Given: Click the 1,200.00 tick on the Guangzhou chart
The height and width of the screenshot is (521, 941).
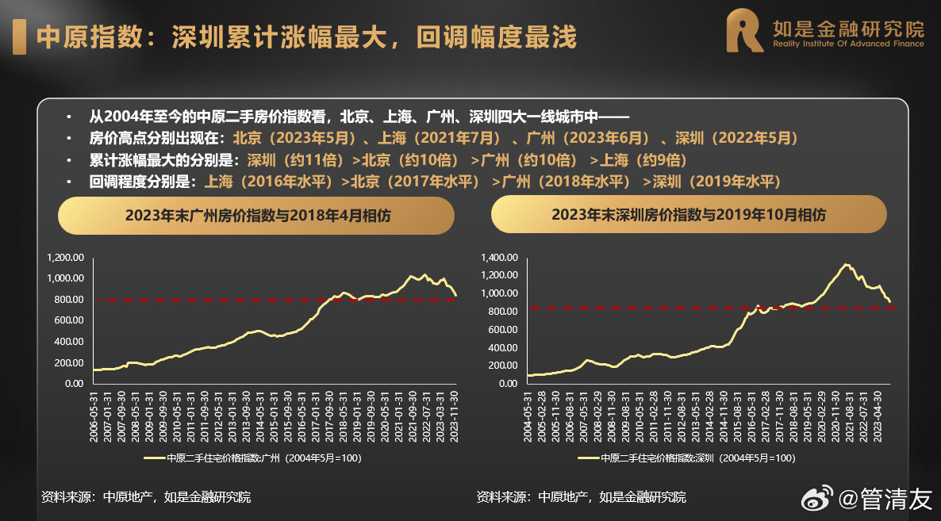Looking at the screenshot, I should pos(65,258).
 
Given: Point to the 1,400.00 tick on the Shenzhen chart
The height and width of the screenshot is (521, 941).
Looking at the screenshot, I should pos(500,258).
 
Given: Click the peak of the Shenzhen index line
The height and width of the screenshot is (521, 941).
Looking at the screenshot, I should pos(846,265).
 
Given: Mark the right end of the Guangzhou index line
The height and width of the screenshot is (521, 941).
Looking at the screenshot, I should pos(455,295).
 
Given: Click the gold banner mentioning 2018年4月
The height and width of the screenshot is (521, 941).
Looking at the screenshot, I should pos(257,215).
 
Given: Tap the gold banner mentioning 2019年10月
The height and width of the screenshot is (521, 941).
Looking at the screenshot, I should pos(688,215).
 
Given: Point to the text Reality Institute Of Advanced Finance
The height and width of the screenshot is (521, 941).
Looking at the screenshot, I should pos(848,44).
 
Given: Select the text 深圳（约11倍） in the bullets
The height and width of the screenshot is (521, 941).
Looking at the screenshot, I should pos(295,160).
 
